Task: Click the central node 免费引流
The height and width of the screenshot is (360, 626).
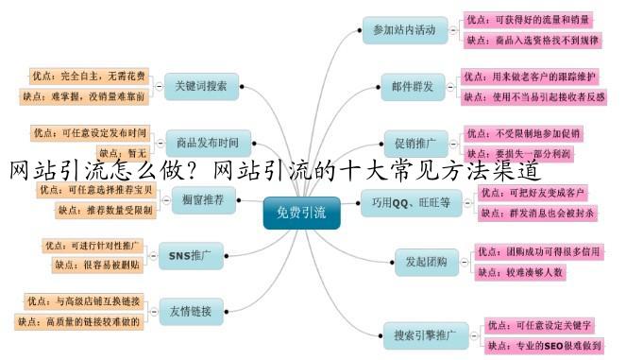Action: [x=299, y=214]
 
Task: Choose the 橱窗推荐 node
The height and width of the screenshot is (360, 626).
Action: [x=203, y=199]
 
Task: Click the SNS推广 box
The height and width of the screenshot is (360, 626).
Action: [x=195, y=254]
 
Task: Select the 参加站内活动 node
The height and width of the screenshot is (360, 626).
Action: [x=404, y=30]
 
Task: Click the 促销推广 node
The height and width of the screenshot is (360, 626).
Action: [x=416, y=144]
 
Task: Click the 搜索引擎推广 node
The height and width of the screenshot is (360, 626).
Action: [x=425, y=334]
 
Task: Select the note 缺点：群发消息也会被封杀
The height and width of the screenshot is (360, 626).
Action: [x=538, y=214]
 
